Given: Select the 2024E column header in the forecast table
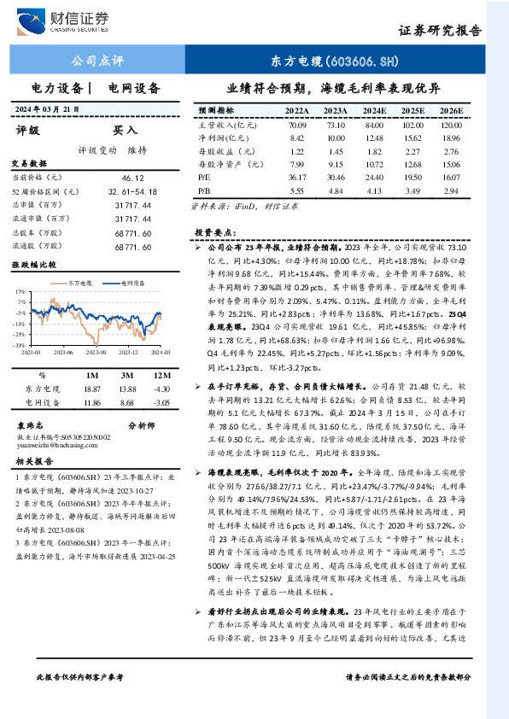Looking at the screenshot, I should click(x=374, y=111).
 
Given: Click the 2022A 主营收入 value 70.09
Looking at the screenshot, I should click(x=297, y=125).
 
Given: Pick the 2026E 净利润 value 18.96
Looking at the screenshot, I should click(x=452, y=137).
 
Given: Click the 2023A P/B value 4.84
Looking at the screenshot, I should click(x=336, y=190).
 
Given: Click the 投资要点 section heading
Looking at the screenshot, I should click(x=214, y=232).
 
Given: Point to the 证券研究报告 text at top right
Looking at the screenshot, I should click(x=440, y=29).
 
